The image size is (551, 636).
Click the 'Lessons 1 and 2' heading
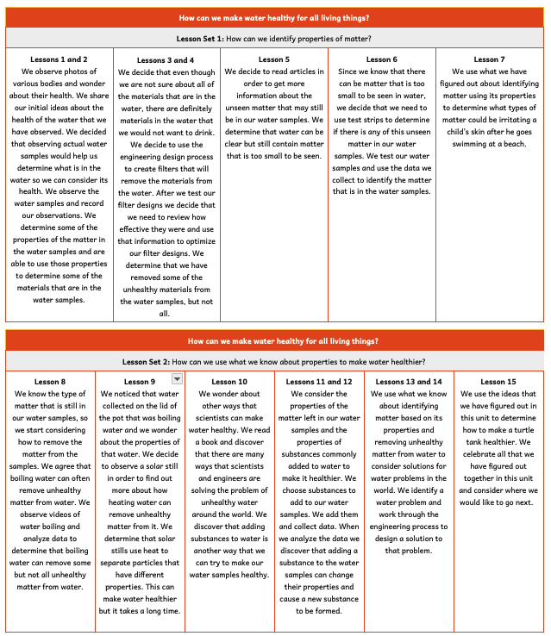click(59, 59)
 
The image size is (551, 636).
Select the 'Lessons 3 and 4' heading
click(166, 60)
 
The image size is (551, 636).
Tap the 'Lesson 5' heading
click(273, 59)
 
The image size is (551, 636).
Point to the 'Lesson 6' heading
click(381, 59)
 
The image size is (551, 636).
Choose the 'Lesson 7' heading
click(490, 59)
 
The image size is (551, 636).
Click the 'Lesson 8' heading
click(50, 382)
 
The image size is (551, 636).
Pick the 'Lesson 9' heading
click(140, 382)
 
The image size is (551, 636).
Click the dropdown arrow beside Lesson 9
click(176, 378)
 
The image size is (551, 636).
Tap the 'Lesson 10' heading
click(229, 382)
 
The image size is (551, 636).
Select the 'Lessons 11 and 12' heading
click(319, 382)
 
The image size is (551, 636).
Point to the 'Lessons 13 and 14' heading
click(408, 382)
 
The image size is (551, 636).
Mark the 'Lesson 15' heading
click(498, 382)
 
